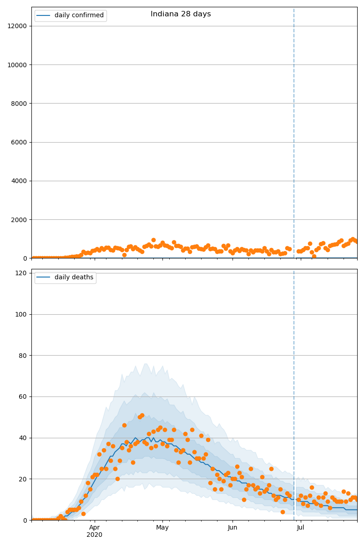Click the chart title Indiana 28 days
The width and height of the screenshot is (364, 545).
(x=181, y=14)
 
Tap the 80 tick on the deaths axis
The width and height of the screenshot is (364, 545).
(x=24, y=356)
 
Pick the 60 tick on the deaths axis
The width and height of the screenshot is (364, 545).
(x=24, y=397)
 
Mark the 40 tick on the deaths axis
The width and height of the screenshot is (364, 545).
(x=24, y=438)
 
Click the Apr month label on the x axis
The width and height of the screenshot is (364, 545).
(x=94, y=528)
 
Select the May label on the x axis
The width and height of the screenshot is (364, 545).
(x=162, y=528)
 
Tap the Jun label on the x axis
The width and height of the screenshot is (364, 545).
(x=233, y=528)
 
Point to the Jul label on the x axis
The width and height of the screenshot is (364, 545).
(x=301, y=528)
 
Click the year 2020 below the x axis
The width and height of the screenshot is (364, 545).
(x=94, y=535)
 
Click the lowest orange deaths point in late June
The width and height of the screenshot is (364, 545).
(x=283, y=512)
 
